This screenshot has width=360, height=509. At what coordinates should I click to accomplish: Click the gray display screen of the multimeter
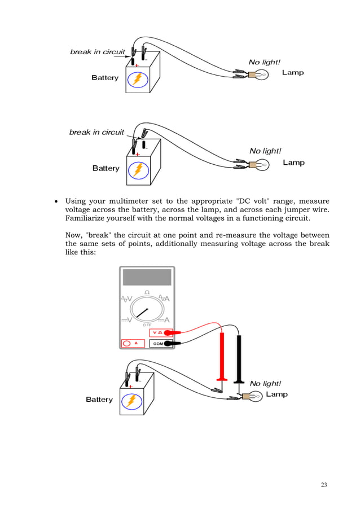(x=147, y=277)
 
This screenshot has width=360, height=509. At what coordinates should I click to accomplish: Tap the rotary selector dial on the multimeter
(x=147, y=310)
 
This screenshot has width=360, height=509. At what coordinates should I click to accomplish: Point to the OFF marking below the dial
(x=147, y=325)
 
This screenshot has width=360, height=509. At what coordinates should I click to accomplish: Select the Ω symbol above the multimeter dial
(x=147, y=292)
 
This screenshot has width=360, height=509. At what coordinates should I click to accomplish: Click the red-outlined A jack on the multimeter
(x=133, y=343)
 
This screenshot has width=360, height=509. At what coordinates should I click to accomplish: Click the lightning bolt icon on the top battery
(x=138, y=80)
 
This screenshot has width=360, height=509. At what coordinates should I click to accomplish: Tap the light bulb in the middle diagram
(x=262, y=165)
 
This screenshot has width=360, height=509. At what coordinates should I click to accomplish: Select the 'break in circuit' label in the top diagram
(x=97, y=52)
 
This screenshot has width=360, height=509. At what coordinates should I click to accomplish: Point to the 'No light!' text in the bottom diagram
(x=265, y=384)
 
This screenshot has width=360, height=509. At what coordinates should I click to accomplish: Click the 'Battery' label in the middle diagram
(x=106, y=168)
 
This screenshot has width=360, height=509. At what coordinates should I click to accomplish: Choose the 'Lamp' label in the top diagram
(x=293, y=73)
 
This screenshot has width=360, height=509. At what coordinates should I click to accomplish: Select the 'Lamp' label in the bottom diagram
(x=276, y=394)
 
